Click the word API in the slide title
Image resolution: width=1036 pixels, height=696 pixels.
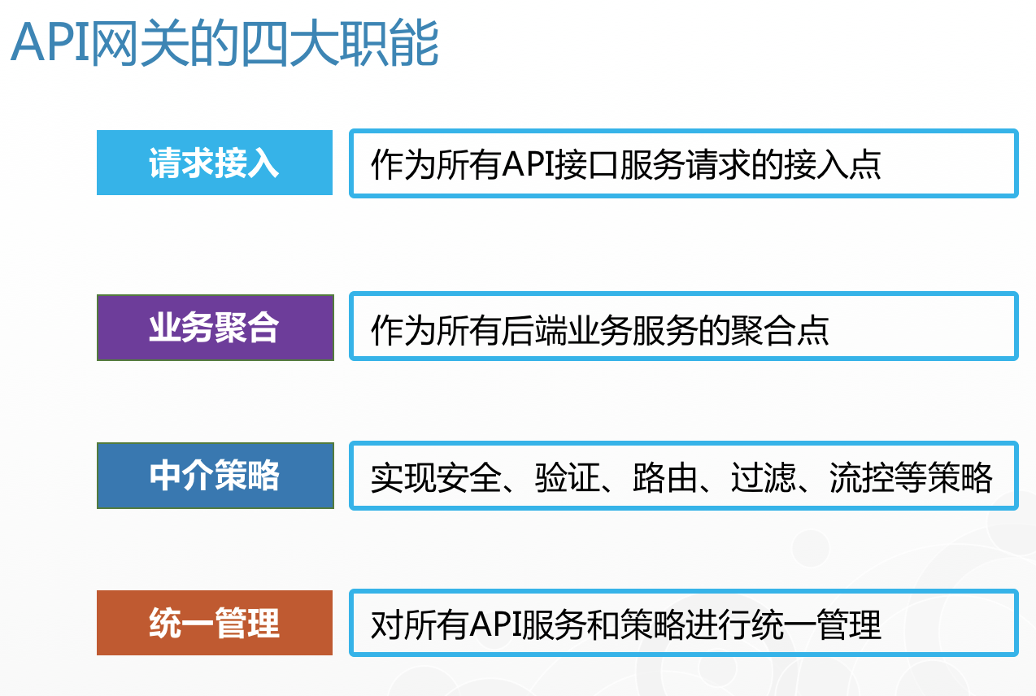(x=50, y=42)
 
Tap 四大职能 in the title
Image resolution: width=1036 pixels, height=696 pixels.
(x=340, y=43)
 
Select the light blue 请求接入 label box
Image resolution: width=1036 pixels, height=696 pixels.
(x=215, y=163)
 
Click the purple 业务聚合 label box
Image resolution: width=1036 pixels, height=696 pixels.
(x=215, y=328)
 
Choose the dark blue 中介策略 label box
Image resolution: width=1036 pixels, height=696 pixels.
(x=215, y=476)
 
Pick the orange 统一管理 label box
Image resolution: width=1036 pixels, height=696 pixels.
(x=215, y=623)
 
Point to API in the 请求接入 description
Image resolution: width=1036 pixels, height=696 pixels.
(x=529, y=163)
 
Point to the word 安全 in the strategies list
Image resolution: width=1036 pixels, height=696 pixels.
(x=469, y=477)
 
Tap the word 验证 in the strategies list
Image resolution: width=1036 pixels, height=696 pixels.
(x=568, y=477)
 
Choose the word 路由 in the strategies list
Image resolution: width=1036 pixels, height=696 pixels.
(x=665, y=477)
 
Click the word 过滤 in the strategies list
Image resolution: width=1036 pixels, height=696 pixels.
(x=764, y=477)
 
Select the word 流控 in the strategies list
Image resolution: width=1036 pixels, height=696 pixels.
(x=862, y=477)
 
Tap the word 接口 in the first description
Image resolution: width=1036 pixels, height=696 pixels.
(x=587, y=163)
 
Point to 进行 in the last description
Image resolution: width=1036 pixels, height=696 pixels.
(x=718, y=624)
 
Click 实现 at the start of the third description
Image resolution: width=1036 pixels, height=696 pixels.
(x=403, y=477)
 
